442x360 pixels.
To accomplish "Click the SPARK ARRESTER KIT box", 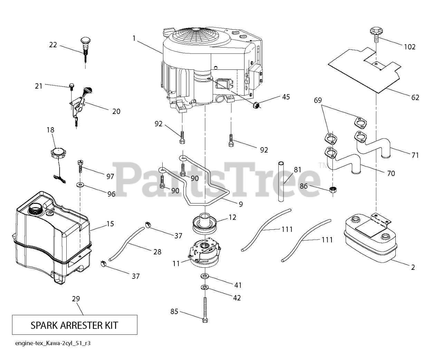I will click(74, 325).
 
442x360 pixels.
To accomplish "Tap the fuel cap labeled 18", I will click(57, 152).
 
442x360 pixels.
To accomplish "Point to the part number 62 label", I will click(415, 97).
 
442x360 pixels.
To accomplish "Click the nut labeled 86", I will click(333, 189).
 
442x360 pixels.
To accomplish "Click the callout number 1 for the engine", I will click(134, 38).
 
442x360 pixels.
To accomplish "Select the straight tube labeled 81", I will click(281, 181).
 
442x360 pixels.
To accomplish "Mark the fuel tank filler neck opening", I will click(36, 208).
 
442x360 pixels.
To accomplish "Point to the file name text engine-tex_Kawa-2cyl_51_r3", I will click(54, 343).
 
